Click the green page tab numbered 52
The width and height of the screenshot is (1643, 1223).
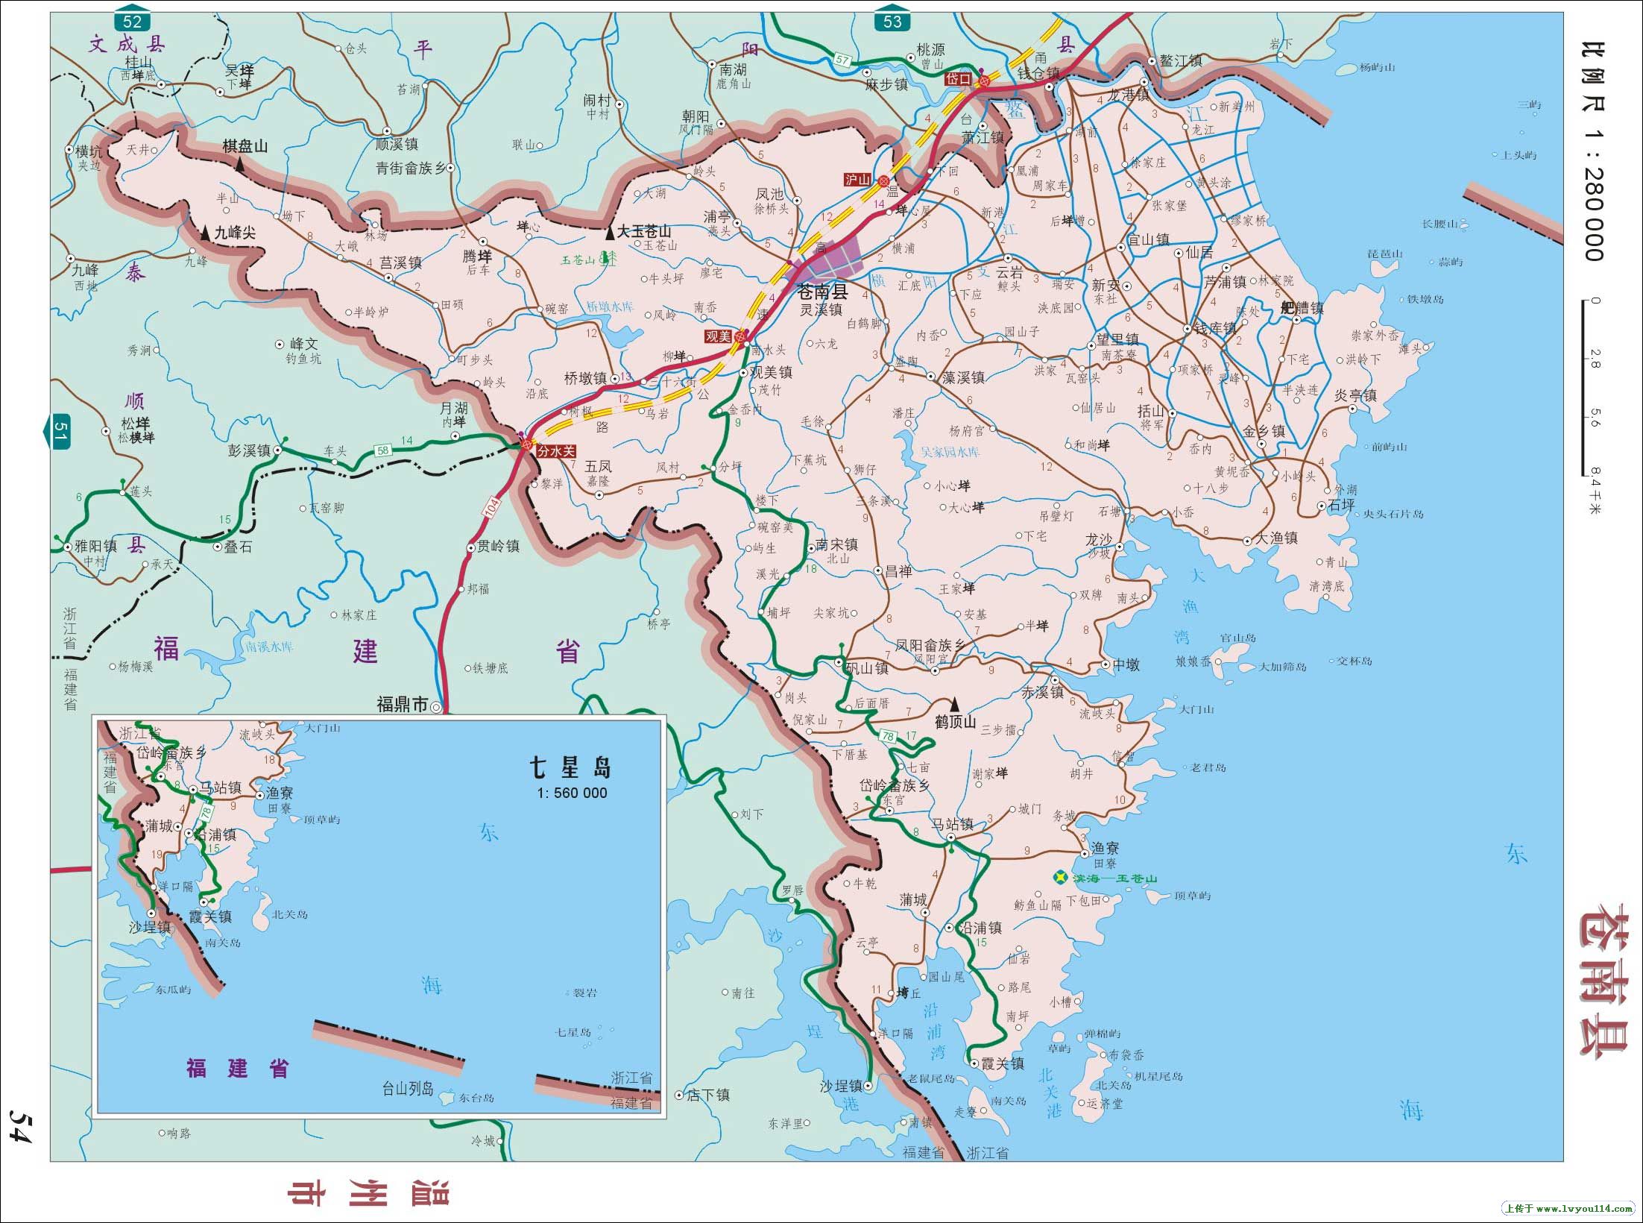pos(133,21)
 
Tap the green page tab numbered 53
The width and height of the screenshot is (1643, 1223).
pos(892,21)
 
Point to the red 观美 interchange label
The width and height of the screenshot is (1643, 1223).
pos(718,337)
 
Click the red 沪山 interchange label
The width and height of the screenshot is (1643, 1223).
pos(857,180)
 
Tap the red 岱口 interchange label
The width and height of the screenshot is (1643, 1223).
pos(958,78)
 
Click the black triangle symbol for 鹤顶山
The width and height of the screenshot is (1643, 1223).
pos(954,704)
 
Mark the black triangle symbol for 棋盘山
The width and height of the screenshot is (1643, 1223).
pos(240,166)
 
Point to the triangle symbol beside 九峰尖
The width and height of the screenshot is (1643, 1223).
pos(205,233)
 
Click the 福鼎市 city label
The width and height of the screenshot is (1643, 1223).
pos(402,704)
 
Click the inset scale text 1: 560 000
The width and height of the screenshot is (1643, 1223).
pos(572,793)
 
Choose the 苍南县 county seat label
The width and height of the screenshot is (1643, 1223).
pos(822,291)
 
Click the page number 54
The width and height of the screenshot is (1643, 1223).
pos(19,1124)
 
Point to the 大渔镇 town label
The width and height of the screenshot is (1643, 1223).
pos(1277,538)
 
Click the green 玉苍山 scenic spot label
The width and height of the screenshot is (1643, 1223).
pos(578,260)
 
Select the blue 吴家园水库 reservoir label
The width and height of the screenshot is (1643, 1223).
pos(950,452)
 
